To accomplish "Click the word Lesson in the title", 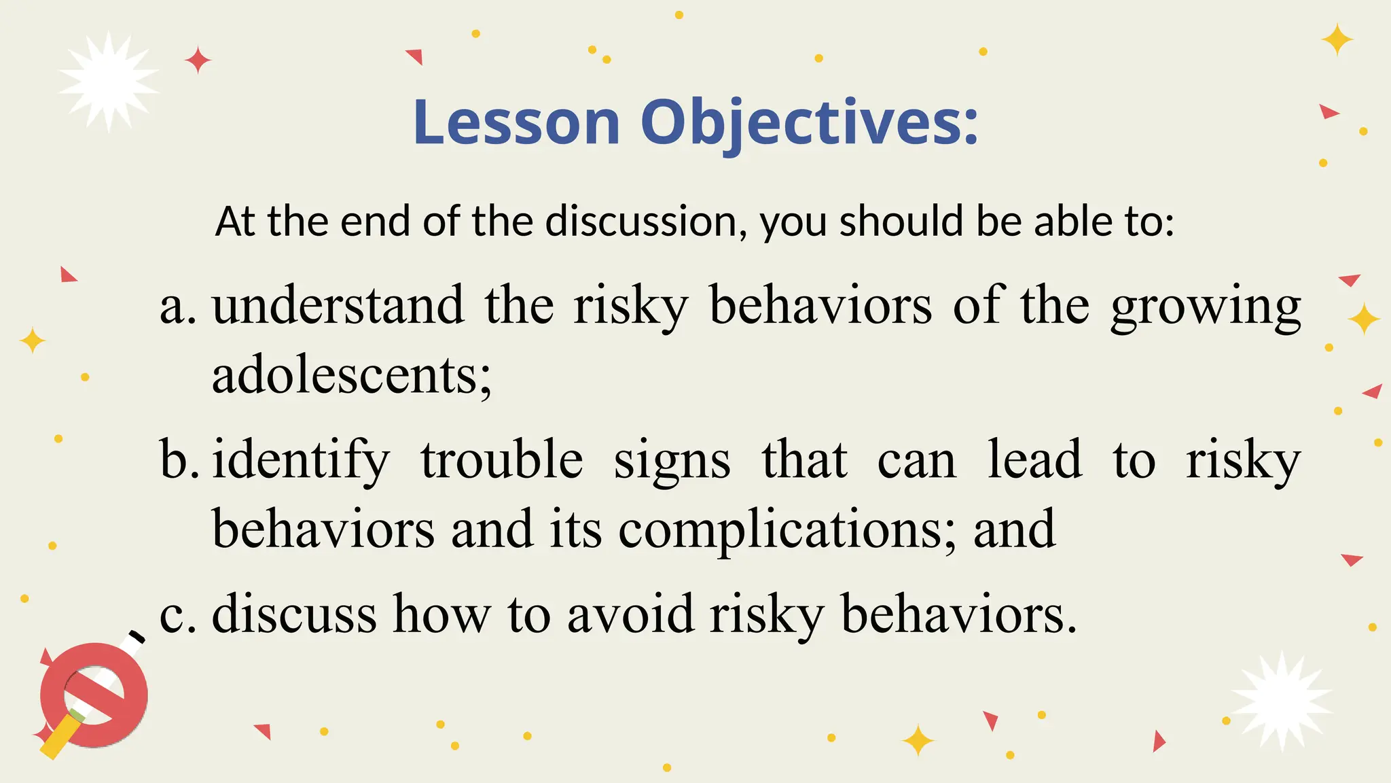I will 516,122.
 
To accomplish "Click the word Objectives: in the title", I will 809,122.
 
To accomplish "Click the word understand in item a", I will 338,306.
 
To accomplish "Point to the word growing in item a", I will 1206,307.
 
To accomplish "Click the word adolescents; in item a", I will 351,375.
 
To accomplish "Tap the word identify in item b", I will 301,461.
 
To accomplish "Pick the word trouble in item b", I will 501,459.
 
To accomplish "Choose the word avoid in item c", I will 630,614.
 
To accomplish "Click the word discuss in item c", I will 294,614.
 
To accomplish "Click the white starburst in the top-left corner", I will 109,82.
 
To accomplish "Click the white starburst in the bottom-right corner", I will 1281,701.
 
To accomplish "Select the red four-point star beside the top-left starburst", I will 198,60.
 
